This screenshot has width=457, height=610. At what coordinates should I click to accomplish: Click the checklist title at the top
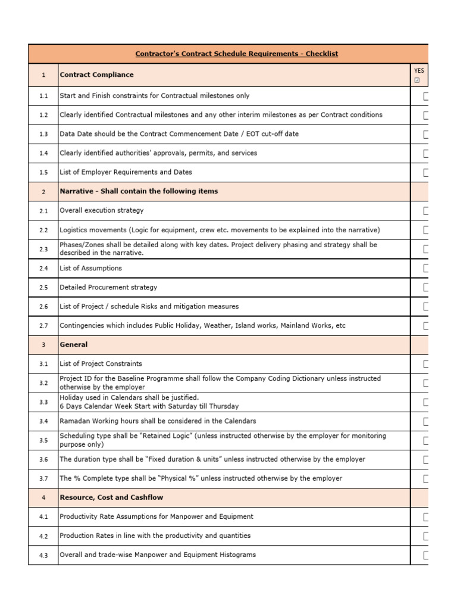(x=236, y=54)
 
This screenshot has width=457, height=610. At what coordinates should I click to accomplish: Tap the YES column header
(x=419, y=71)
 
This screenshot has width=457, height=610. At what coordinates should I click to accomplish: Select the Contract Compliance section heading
(x=96, y=75)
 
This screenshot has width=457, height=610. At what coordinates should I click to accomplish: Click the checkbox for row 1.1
(x=426, y=97)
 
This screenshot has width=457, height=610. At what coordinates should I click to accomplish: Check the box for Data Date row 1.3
(x=426, y=135)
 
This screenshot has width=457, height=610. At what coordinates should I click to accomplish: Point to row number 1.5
(x=43, y=173)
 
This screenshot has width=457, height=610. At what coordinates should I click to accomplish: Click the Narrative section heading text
(x=139, y=191)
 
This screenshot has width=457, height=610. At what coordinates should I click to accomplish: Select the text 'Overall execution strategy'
(x=101, y=211)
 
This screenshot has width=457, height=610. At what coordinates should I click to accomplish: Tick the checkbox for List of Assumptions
(x=426, y=269)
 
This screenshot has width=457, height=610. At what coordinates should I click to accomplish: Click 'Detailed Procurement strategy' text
(x=108, y=288)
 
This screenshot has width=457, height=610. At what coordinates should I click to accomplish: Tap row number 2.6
(x=43, y=307)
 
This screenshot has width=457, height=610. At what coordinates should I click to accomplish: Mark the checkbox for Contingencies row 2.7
(x=426, y=326)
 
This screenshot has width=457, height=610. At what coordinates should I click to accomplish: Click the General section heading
(x=73, y=345)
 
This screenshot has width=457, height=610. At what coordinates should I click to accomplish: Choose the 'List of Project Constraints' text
(x=101, y=364)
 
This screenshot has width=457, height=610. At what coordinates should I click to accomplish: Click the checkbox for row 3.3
(x=426, y=403)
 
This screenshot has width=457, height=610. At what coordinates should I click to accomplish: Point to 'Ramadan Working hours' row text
(x=158, y=421)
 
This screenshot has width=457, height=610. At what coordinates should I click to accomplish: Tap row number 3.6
(x=43, y=460)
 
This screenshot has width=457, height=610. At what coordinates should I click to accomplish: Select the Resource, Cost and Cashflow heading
(x=111, y=497)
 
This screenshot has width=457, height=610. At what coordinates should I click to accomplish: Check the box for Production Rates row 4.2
(x=426, y=536)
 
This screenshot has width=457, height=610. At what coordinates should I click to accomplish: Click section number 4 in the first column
(x=43, y=498)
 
